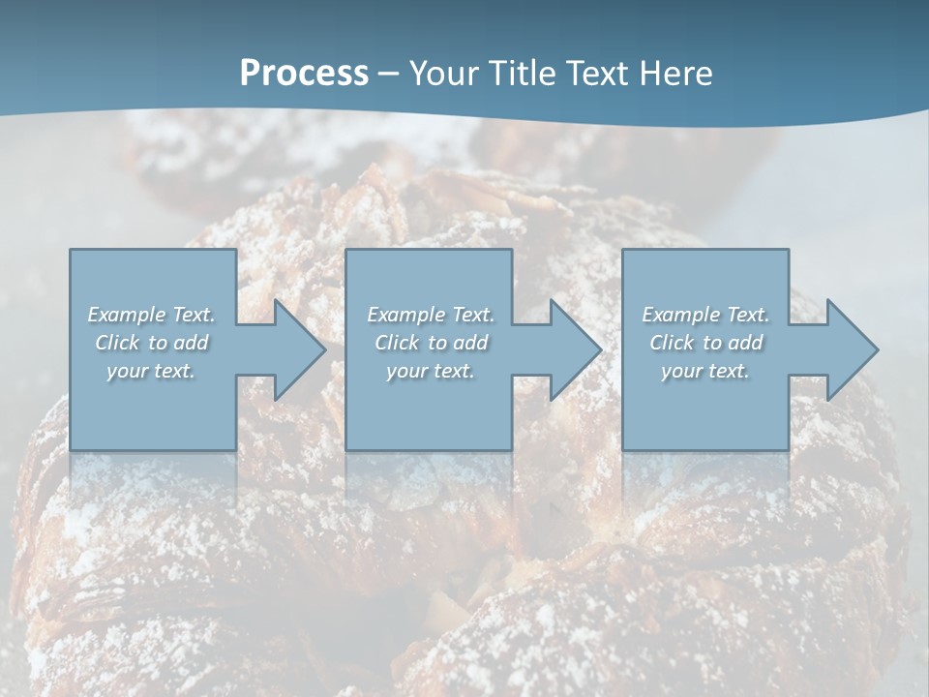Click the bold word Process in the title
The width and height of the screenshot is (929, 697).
pyautogui.click(x=304, y=74)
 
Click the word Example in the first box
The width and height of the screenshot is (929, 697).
pyautogui.click(x=127, y=315)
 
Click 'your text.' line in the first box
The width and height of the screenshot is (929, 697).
pyautogui.click(x=151, y=371)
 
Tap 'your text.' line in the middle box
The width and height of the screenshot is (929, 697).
pyautogui.click(x=430, y=371)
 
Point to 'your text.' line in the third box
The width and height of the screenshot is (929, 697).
pyautogui.click(x=705, y=371)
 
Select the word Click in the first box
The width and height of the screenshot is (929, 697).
pyautogui.click(x=118, y=343)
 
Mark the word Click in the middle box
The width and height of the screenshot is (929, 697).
pyautogui.click(x=398, y=343)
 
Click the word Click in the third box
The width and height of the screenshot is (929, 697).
pyautogui.click(x=673, y=343)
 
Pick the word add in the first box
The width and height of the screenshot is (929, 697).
pyautogui.click(x=192, y=343)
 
